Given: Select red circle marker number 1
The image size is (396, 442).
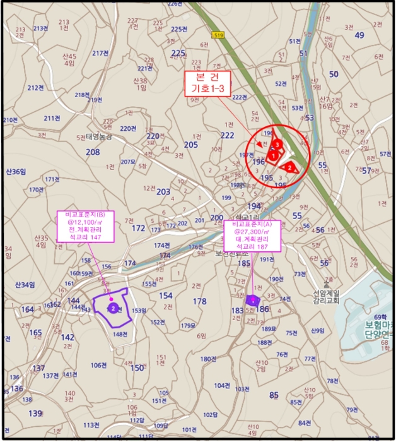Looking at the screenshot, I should (273, 154).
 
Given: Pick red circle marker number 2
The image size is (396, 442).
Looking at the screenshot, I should (289, 167).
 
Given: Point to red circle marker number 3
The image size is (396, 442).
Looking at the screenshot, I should (277, 145).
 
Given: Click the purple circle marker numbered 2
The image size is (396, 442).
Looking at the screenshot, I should (112, 308).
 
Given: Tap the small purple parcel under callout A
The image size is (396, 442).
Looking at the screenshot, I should (253, 301).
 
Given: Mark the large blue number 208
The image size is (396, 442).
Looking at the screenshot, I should (93, 152).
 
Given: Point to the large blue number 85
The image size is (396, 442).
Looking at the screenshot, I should (274, 396).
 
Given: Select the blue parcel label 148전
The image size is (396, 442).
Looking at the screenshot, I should (120, 334).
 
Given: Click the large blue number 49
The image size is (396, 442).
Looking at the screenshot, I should (359, 35).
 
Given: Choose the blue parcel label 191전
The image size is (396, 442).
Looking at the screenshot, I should (266, 259).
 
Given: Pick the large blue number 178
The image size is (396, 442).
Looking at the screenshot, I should (199, 301).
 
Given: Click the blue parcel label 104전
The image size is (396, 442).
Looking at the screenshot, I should (221, 385).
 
